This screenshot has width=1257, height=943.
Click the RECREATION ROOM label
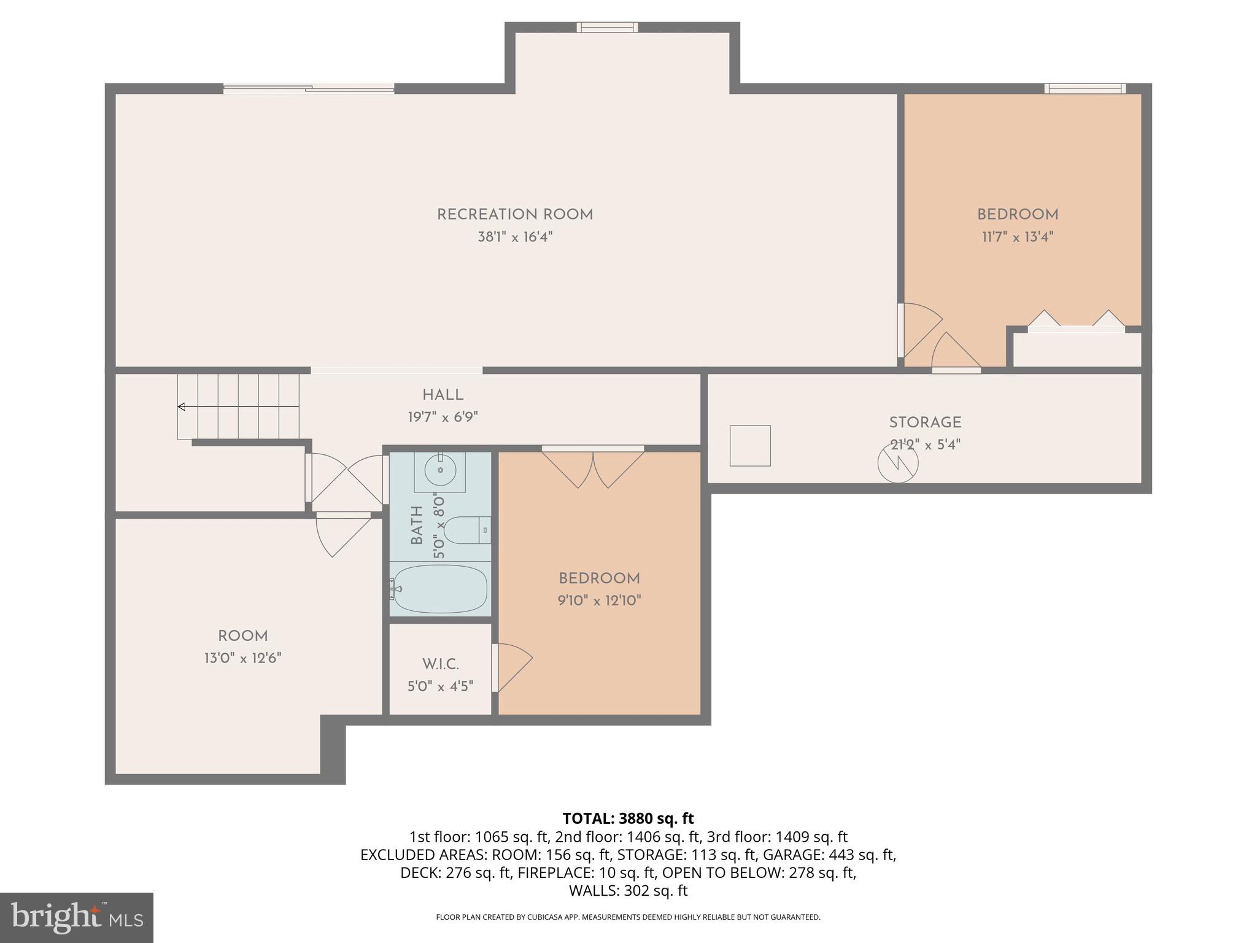tap(515, 214)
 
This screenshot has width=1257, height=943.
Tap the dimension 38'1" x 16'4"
tap(515, 237)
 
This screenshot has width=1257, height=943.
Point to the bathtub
tap(440, 588)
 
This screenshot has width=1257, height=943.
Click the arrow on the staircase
tap(182, 406)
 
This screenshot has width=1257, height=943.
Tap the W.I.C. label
tap(440, 664)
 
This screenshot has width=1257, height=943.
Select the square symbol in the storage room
tap(749, 446)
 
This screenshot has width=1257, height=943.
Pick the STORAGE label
tap(925, 422)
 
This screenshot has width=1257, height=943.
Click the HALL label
tap(443, 395)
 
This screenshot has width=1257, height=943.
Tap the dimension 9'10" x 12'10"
tap(599, 600)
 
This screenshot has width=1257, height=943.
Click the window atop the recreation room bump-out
tap(607, 27)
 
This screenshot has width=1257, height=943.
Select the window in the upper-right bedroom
tap(1085, 88)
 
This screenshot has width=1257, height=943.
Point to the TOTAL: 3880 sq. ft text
tap(628, 818)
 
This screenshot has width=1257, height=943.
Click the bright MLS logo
tap(77, 917)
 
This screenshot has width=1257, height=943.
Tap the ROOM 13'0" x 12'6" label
tap(243, 646)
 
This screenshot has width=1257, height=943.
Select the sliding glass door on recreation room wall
tap(308, 89)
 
